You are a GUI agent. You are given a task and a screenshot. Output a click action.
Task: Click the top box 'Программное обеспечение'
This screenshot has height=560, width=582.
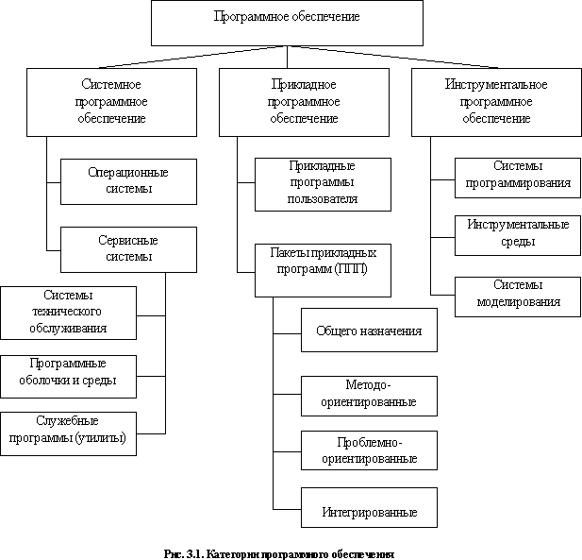click(287, 23)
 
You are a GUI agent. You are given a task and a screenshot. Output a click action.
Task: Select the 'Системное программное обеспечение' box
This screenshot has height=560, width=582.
click(111, 102)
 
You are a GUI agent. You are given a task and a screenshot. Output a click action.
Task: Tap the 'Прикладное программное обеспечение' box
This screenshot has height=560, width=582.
click(304, 102)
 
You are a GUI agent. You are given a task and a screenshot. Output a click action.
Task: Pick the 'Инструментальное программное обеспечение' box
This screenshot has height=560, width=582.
click(496, 102)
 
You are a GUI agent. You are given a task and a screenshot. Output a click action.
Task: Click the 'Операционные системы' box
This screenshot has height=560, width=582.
click(129, 181)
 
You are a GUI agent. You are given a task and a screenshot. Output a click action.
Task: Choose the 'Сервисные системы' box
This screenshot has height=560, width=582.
click(129, 249)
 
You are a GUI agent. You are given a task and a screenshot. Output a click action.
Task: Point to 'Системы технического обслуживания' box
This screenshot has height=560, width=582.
click(68, 313)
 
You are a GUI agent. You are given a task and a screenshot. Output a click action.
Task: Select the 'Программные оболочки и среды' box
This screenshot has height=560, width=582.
click(68, 377)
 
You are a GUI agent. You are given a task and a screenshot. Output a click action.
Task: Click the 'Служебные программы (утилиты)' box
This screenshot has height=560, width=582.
click(68, 433)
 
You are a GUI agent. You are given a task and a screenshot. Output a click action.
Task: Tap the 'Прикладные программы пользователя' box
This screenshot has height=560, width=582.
click(323, 185)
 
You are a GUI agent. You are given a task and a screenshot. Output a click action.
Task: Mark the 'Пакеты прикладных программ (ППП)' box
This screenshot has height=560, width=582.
click(323, 270)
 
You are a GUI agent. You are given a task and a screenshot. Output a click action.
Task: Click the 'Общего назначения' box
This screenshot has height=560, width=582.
click(370, 330)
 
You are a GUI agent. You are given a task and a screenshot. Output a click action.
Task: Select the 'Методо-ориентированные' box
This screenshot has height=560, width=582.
click(370, 396)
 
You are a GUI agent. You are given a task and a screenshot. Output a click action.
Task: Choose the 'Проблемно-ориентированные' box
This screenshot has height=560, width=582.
click(370, 450)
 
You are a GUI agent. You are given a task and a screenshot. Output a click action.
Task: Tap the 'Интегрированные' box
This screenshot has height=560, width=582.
click(370, 508)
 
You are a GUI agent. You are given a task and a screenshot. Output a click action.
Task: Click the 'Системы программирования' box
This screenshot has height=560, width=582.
click(518, 178)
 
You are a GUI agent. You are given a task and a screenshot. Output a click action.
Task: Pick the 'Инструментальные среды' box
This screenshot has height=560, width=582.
click(518, 235)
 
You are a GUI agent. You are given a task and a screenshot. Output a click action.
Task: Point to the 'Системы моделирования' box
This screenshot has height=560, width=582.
click(518, 297)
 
